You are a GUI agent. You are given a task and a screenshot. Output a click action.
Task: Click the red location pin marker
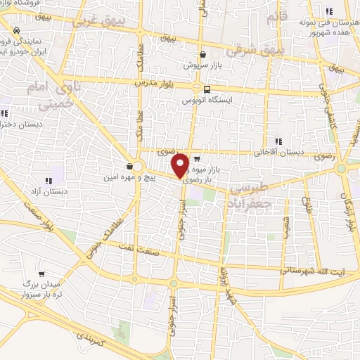[181, 165]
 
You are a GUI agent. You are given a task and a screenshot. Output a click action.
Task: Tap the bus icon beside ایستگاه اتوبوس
[207, 89]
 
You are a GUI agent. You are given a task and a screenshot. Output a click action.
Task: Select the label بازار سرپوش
[202, 65]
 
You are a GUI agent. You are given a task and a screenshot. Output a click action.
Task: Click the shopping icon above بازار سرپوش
[202, 54]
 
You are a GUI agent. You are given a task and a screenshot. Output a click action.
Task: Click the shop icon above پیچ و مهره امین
[130, 167]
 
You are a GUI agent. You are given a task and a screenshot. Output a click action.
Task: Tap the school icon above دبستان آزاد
[49, 179]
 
